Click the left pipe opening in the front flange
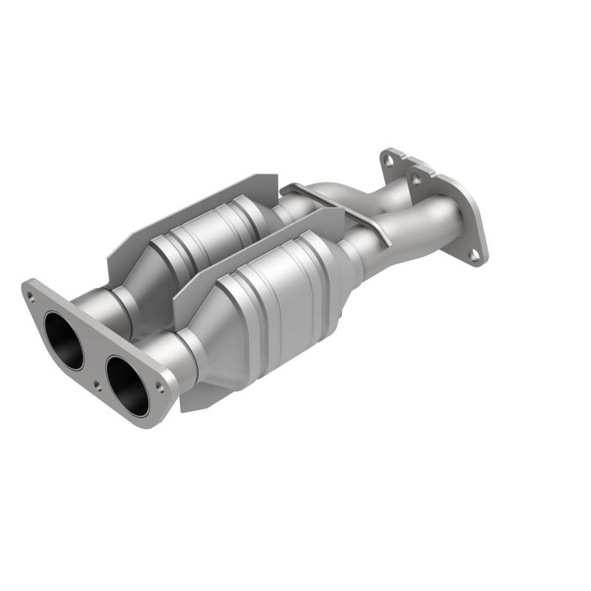pyautogui.click(x=63, y=341)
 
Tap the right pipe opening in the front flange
pyautogui.click(x=128, y=385)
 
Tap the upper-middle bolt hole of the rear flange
pyautogui.click(x=416, y=178)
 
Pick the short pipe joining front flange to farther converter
pyautogui.click(x=111, y=310)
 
